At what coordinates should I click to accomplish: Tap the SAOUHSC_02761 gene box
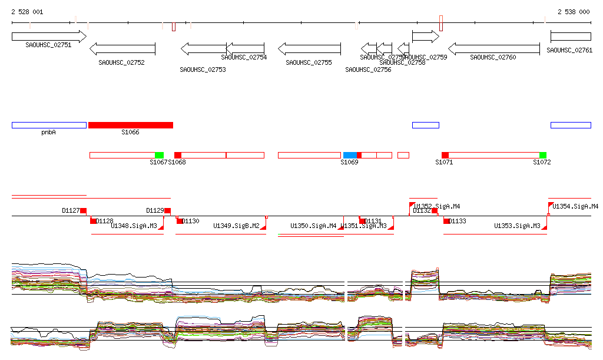click(570, 37)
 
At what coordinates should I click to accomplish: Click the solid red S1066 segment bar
click(131, 125)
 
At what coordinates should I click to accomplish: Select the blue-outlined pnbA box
click(49, 125)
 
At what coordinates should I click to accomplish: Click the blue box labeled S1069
click(350, 155)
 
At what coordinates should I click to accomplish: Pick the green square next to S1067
click(159, 155)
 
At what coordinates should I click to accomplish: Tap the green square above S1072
click(542, 155)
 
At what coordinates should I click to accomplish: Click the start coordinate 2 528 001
click(27, 12)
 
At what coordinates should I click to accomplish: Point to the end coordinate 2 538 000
click(574, 12)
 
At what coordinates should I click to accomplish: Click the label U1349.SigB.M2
click(236, 226)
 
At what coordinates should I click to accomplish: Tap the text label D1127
click(71, 210)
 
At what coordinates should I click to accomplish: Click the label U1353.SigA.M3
click(517, 226)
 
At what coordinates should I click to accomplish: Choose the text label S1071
click(444, 162)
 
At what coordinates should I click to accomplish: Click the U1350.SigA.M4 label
click(313, 226)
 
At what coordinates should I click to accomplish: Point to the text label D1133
click(458, 222)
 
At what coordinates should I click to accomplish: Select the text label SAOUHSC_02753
click(203, 70)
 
